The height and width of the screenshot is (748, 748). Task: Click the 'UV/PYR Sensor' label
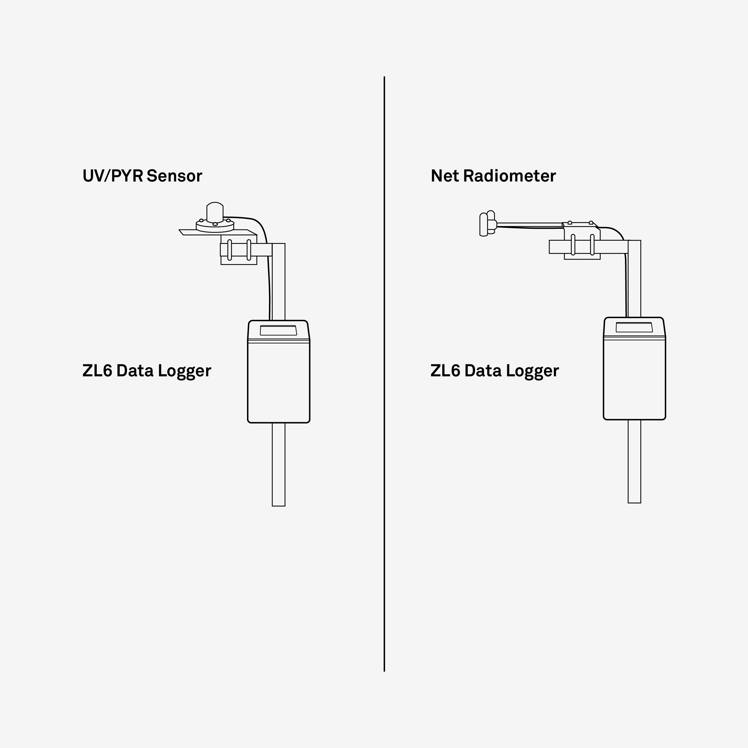[x=142, y=176]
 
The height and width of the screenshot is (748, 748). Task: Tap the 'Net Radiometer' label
[x=493, y=176]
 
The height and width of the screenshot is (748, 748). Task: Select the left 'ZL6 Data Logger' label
[x=147, y=371]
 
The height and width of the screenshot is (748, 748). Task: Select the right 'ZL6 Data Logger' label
[x=495, y=371]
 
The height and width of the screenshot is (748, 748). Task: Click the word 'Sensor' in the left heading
[x=174, y=176]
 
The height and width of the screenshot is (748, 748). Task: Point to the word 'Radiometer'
[x=510, y=176]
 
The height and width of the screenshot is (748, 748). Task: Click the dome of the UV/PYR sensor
[x=215, y=212]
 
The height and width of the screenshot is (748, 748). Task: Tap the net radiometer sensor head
[x=488, y=223]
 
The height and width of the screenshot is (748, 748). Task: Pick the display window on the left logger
[x=278, y=330]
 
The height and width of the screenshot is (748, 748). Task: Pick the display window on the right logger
[x=634, y=327]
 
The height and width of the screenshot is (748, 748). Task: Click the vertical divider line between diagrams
[x=384, y=374]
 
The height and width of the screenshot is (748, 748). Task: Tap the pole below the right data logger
[x=635, y=461]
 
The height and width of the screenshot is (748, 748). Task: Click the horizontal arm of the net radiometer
[x=530, y=225]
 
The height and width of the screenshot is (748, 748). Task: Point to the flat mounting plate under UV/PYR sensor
[x=218, y=232]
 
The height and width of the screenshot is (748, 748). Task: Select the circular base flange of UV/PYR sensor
[x=215, y=226]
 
